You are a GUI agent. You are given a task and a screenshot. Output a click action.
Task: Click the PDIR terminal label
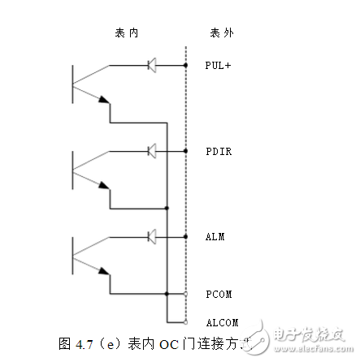(219, 152)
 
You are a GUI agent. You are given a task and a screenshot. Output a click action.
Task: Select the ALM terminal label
(215, 237)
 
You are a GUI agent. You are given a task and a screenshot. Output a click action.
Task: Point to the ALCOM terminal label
(221, 322)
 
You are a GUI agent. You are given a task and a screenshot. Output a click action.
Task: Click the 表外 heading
(222, 33)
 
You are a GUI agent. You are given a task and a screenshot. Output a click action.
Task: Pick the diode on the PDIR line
(151, 151)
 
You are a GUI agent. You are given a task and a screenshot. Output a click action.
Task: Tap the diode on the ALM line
(151, 237)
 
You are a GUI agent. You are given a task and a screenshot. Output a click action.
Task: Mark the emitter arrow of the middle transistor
(103, 185)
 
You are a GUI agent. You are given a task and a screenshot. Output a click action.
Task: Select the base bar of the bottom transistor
(72, 256)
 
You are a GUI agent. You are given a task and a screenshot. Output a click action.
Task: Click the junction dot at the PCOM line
(167, 293)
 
